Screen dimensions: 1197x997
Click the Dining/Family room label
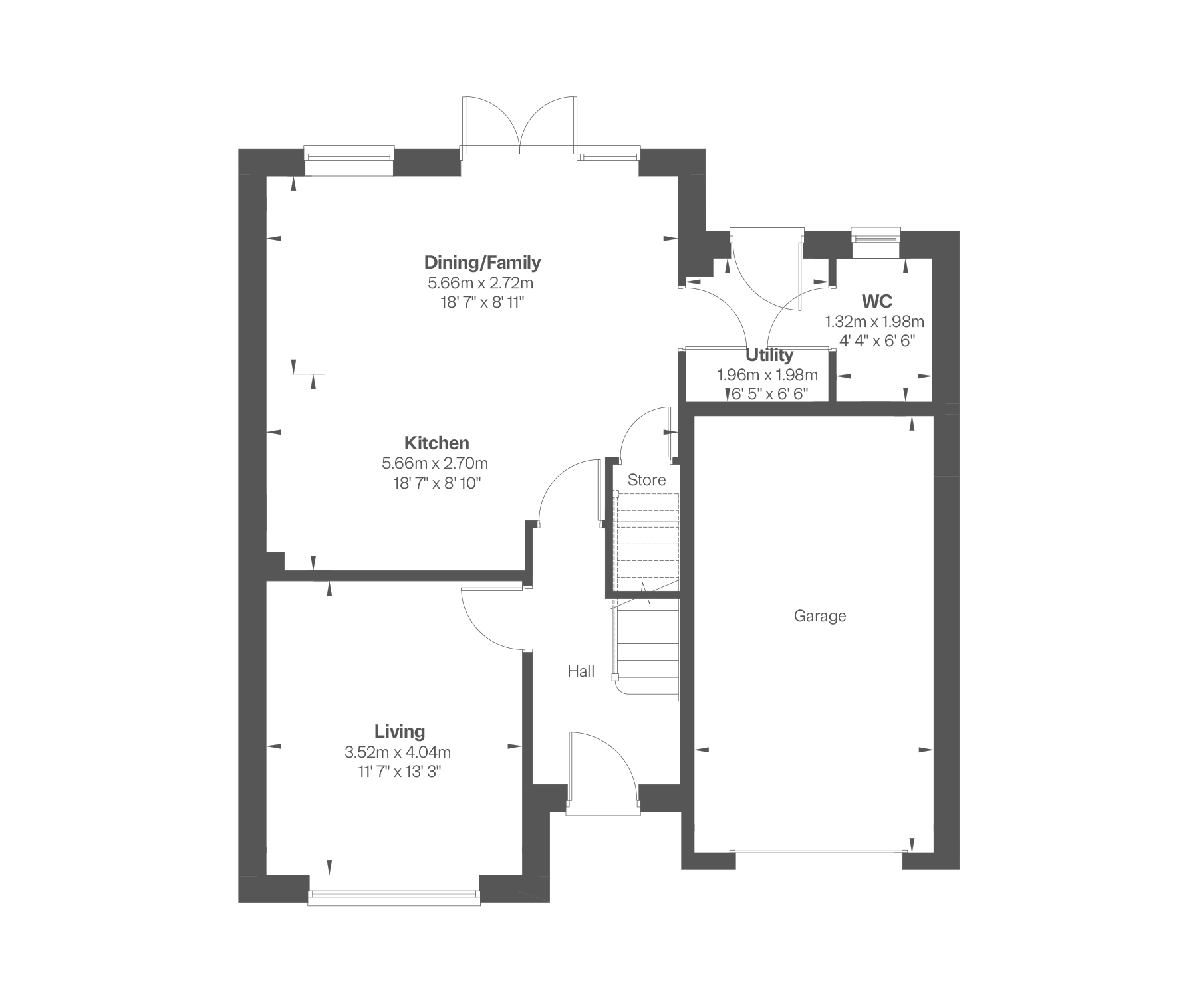coord(482,263)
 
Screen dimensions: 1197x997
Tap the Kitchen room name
coord(437,443)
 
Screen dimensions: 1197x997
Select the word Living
coord(400,732)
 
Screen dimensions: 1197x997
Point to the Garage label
coord(820,616)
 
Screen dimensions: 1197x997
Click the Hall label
coord(581,671)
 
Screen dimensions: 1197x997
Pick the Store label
coord(646,480)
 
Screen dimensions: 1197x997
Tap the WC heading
coord(876,301)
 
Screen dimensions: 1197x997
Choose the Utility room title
coord(769,354)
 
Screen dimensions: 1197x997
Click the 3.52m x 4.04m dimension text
coord(398,752)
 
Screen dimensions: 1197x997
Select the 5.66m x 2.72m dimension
coord(481,283)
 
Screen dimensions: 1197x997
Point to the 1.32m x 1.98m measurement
coord(874,322)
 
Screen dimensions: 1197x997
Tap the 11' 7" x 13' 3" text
coord(398,772)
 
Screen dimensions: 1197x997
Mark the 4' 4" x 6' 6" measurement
coord(878,342)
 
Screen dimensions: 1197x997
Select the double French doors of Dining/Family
coord(519,126)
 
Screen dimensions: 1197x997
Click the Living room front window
coord(394,891)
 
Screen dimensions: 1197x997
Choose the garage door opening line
coord(819,851)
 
